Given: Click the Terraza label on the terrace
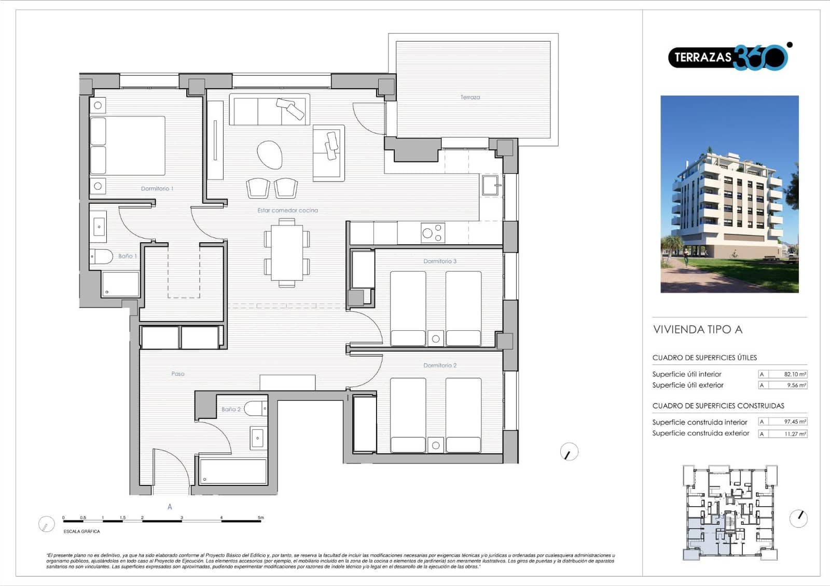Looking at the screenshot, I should (470, 97).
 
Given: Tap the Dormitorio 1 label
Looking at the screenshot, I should (157, 189).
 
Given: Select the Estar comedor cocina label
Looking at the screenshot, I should (287, 210).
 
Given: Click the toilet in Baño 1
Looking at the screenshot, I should (102, 256).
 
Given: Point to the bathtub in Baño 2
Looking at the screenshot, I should (233, 471).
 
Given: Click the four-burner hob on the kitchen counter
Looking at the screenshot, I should (433, 233).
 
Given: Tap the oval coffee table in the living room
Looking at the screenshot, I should (270, 155).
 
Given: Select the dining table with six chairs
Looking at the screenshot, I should (287, 252).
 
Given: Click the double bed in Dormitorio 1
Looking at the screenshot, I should (128, 146).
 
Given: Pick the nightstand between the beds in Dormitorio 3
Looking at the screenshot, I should (436, 338).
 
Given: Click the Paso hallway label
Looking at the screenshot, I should (178, 373).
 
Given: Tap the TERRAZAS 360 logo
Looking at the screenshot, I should (729, 57).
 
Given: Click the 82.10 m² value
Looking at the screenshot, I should (795, 374).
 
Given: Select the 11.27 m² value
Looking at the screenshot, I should (795, 434).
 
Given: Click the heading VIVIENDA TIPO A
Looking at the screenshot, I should (698, 329).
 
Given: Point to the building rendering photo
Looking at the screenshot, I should (729, 194).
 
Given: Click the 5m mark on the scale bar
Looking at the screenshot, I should (261, 518).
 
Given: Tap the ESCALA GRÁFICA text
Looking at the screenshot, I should (81, 531).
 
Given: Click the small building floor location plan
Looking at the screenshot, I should (730, 512).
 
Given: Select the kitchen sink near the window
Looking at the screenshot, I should (490, 185).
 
